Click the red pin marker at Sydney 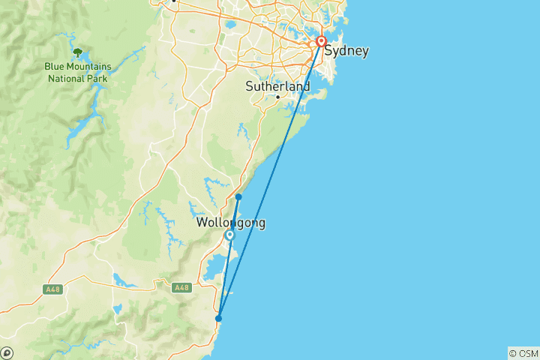321,42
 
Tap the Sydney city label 346,52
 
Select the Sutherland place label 277,87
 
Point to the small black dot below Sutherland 277,97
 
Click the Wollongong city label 230,223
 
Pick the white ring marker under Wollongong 229,235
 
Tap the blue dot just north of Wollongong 238,197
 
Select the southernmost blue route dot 218,318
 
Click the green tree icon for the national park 77,52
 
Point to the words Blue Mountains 77,66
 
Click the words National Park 77,77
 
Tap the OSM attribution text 523,353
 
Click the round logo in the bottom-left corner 7,352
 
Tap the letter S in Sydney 328,52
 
